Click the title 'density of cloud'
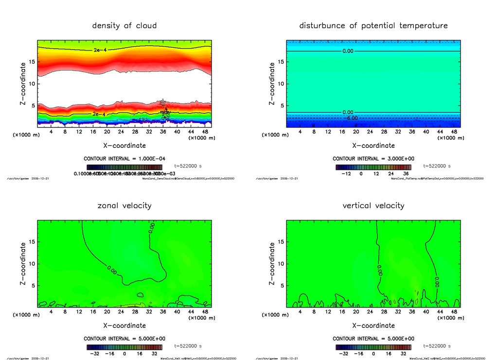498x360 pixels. (124, 25)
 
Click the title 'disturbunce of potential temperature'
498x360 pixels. (373, 25)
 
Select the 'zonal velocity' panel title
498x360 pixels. (124, 205)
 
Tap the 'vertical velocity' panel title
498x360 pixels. (373, 205)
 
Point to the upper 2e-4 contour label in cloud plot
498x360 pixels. (99, 50)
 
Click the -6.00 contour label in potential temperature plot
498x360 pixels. (351, 118)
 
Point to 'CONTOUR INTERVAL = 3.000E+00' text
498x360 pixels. (373, 159)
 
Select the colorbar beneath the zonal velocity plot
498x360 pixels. (124, 347)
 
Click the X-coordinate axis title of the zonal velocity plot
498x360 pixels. (124, 325)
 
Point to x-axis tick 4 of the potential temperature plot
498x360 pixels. (300, 132)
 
